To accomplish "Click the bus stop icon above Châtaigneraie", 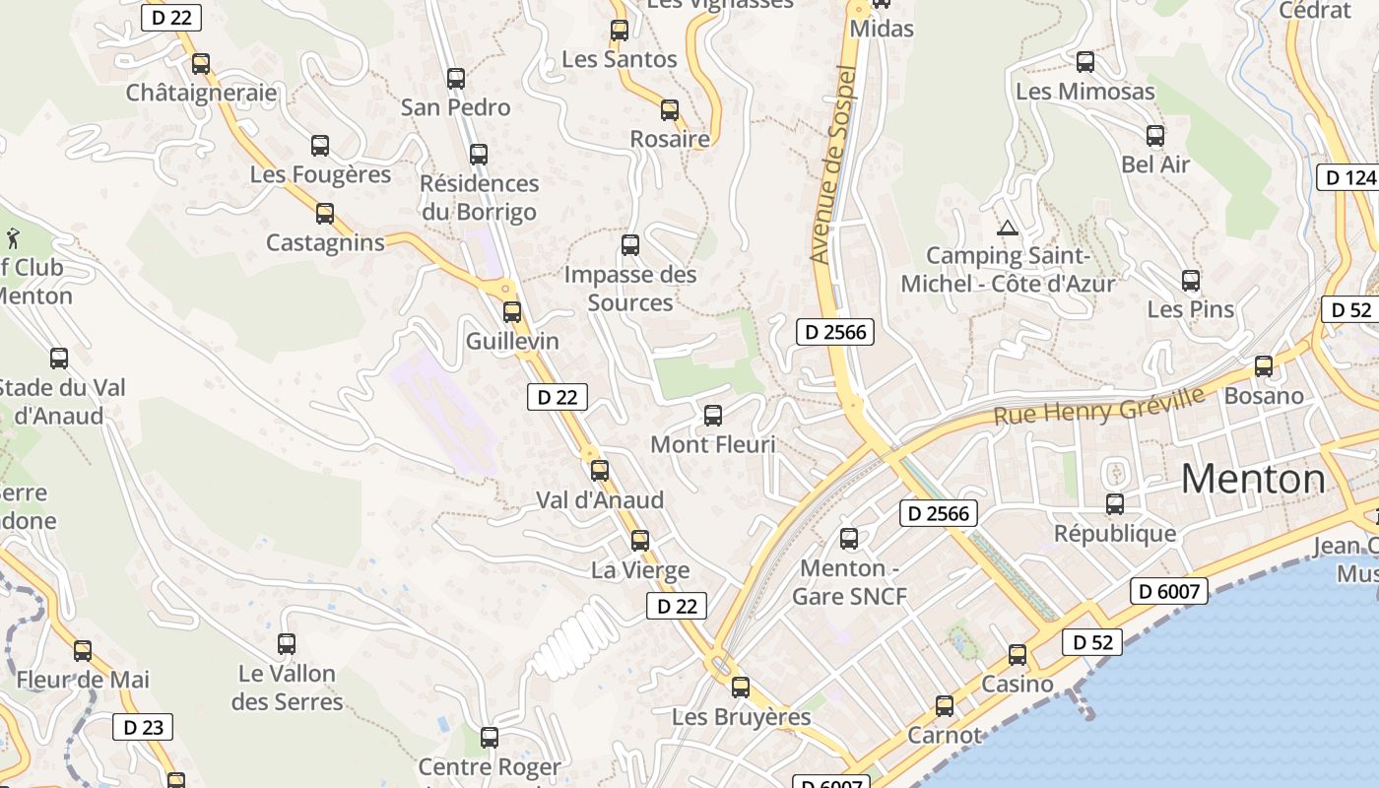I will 201,64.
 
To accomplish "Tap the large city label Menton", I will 1253,480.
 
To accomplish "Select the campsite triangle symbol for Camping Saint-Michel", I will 1007,230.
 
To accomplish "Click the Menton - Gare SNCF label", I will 849,582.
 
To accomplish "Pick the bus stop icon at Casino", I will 1018,655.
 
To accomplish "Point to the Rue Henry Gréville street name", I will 1098,406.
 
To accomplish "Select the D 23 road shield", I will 143,728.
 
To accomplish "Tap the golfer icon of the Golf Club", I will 13,238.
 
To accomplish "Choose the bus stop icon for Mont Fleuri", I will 713,416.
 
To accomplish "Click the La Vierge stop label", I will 640,570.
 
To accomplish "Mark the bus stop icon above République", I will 1115,504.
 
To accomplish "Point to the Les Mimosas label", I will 1084,92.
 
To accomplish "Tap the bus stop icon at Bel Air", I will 1155,136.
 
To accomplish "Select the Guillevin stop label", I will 512,342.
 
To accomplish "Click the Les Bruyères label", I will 741,717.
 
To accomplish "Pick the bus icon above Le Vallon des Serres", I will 287,644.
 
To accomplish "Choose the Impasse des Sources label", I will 629,289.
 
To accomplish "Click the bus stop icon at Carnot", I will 945,706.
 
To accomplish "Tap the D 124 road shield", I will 1346,178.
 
